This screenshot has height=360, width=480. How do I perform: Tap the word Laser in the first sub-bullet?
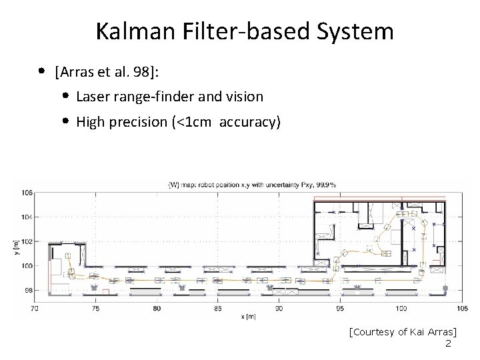tap(92, 97)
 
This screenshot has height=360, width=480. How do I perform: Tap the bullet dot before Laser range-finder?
tap(68, 97)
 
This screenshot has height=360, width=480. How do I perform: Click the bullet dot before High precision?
tap(68, 122)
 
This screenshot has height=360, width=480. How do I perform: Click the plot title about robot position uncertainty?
tap(251, 184)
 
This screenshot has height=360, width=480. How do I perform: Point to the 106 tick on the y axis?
tap(26, 193)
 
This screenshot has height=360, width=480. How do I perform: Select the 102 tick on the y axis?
tap(26, 241)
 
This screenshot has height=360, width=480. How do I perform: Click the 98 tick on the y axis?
tap(27, 290)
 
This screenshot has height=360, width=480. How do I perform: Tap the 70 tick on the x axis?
tap(34, 309)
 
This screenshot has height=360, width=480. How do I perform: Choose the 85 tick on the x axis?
tap(217, 309)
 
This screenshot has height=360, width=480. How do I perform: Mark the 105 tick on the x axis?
tap(461, 309)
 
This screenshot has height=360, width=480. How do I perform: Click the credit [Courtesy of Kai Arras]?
tap(407, 331)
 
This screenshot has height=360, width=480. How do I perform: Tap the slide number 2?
tap(448, 343)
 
